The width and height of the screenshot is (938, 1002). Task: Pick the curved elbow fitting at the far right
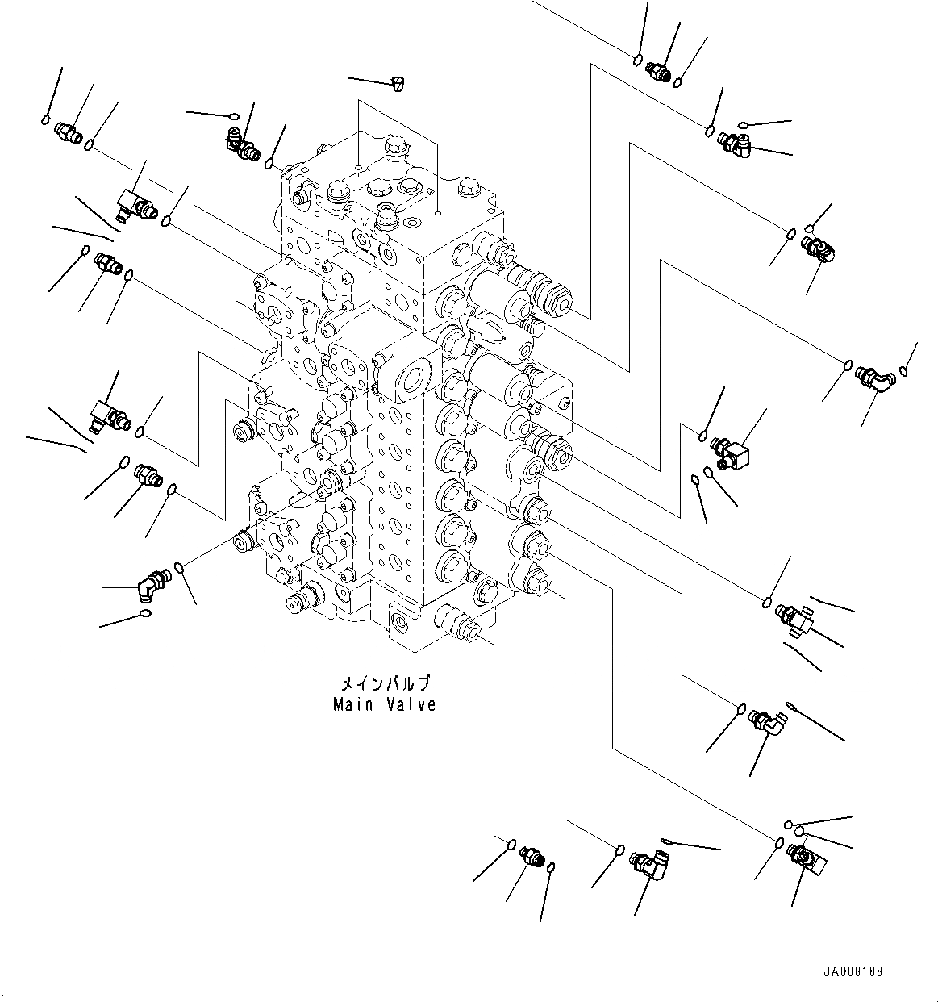point(873,377)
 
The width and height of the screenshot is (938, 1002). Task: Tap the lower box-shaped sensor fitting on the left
point(107,414)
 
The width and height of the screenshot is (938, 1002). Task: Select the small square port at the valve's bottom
point(401,621)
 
